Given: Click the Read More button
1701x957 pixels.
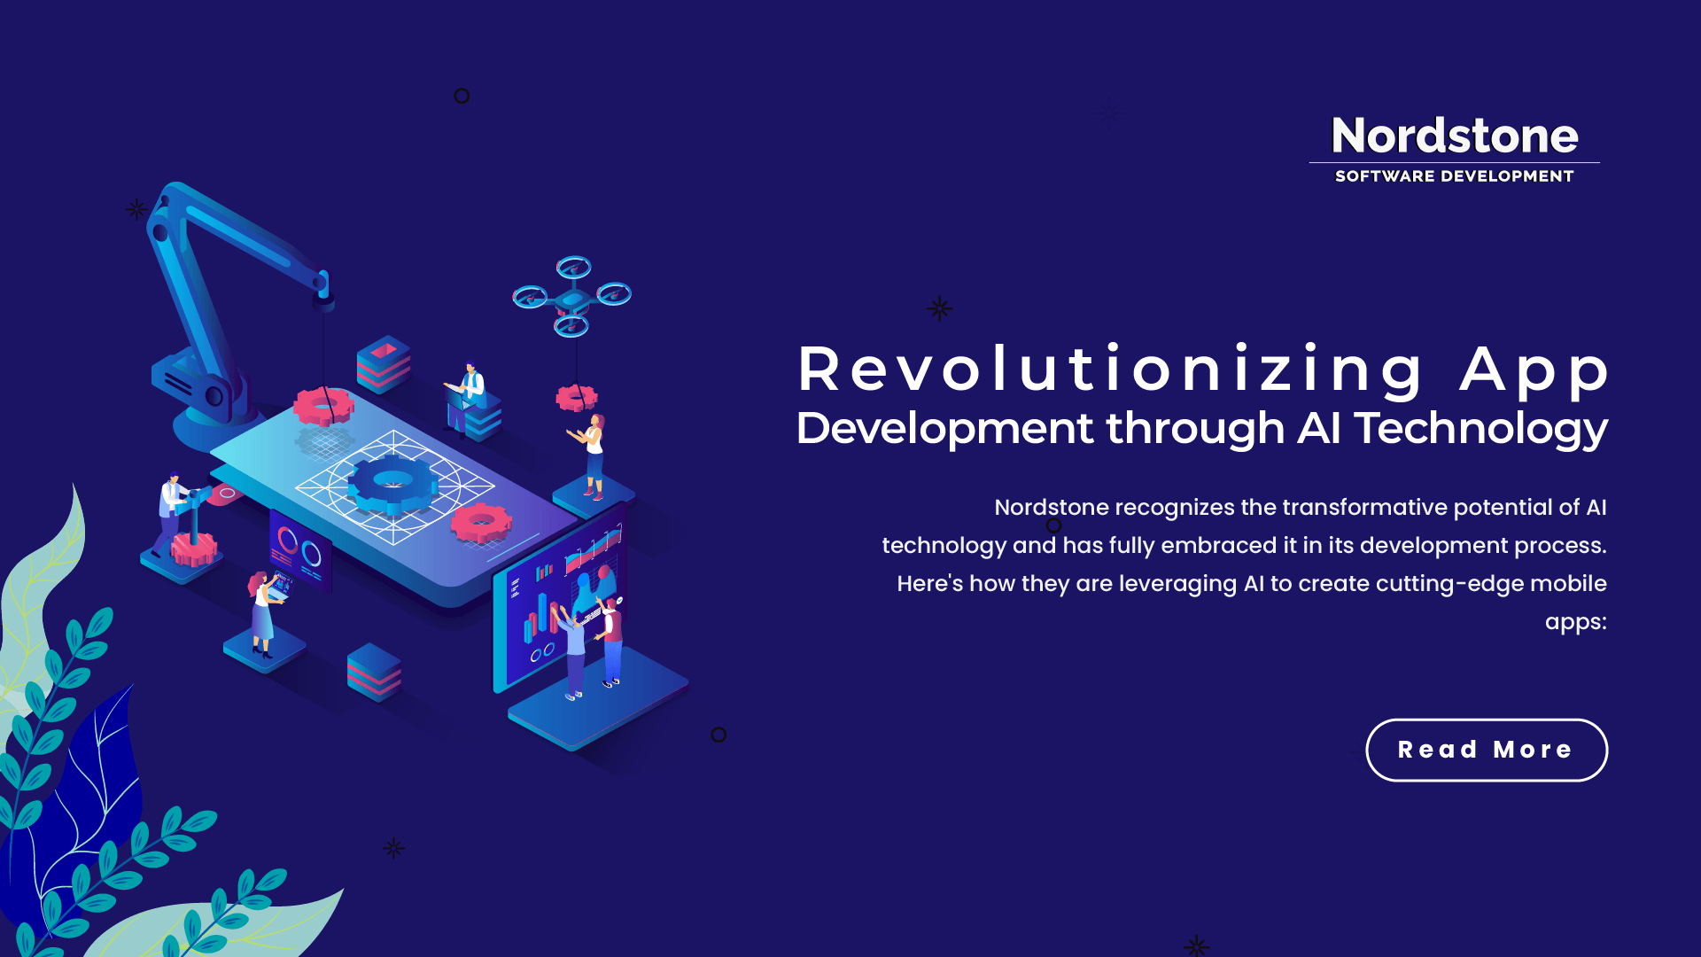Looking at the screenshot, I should [1486, 750].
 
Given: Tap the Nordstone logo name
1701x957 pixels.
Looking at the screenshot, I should [1455, 136].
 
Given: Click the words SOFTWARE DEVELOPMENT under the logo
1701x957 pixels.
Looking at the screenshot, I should [1454, 176].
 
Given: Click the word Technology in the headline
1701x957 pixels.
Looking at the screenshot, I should [1480, 428].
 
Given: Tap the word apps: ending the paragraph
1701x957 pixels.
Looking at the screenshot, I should [1575, 621].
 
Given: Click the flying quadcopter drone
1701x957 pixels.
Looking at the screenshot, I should [572, 296].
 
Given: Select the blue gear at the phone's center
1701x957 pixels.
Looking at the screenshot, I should [392, 484].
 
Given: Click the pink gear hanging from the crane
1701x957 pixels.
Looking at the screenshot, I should [323, 406].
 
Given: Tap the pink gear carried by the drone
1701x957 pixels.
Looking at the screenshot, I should [576, 398].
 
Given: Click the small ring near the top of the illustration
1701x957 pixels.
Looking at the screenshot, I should [462, 96].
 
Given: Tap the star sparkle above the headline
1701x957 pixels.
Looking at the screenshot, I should [939, 308].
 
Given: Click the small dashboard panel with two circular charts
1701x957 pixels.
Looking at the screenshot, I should [299, 550].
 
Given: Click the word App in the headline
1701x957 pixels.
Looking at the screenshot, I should [1534, 369].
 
